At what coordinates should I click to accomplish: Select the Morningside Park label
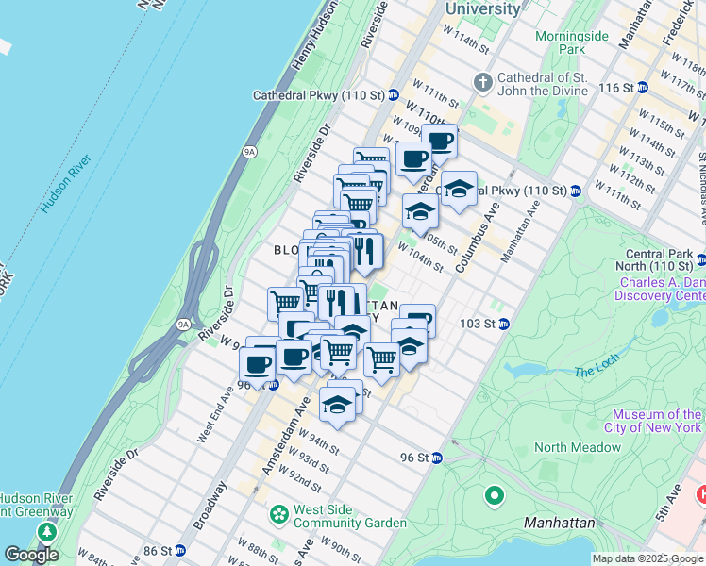pos(559,42)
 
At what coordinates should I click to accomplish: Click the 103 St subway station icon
pos(504,324)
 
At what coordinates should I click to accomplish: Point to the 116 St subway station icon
pos(643,87)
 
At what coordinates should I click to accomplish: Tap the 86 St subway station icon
pos(179,550)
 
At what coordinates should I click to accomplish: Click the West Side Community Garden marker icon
pos(278,515)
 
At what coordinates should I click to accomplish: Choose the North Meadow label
pos(564,447)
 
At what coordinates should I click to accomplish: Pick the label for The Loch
pos(595,372)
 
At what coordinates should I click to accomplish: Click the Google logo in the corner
pos(31,555)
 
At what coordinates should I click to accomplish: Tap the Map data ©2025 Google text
pos(648,558)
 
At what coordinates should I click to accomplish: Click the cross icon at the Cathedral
pos(482,83)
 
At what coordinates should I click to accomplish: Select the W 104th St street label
pos(420,256)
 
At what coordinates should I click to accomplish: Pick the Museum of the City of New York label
pos(657,421)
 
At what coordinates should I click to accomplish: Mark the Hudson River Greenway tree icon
pos(45,530)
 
